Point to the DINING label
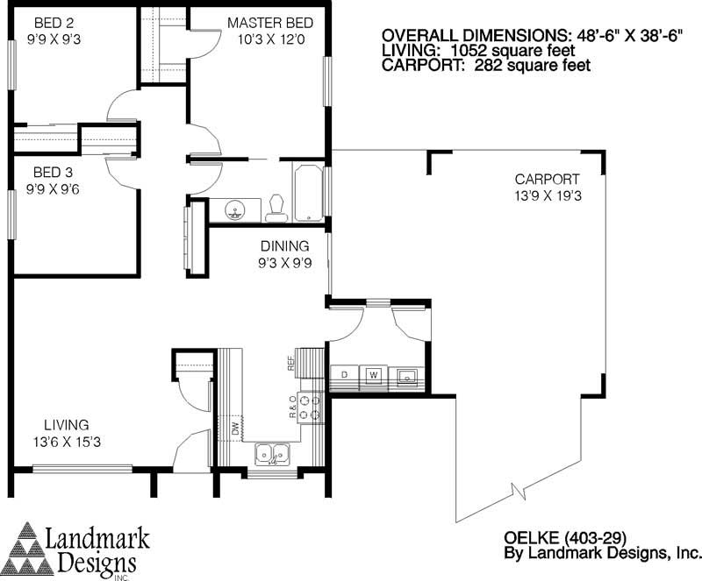[283, 246]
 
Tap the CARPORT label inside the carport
[547, 180]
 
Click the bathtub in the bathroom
[309, 192]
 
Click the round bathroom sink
[234, 209]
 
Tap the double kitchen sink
[273, 454]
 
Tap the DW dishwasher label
[235, 429]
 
